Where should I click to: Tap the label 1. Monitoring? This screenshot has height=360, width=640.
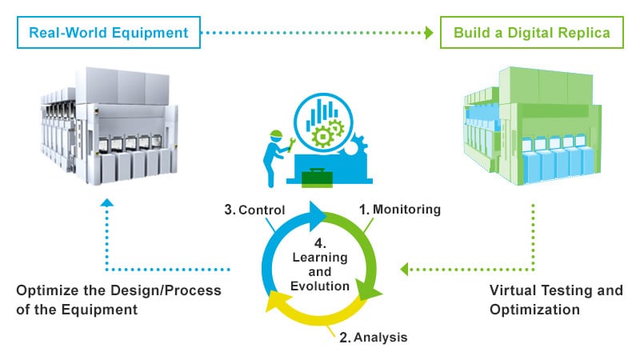(400, 210)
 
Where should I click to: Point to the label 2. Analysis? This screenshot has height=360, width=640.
(374, 338)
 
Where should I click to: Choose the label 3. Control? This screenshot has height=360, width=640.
(254, 210)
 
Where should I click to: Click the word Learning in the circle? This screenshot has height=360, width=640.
(320, 258)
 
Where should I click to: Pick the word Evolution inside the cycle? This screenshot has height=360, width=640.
(320, 286)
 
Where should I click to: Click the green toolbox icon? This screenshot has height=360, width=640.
(317, 178)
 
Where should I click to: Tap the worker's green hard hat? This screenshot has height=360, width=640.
(276, 134)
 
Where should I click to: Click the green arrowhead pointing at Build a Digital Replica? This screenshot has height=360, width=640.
(429, 33)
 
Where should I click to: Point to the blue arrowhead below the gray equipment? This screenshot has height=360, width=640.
(107, 203)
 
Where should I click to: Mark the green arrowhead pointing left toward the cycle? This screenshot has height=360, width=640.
(404, 270)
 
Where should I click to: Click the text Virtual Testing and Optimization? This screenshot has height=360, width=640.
(556, 300)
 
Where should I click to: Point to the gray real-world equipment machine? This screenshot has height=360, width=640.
(110, 126)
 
